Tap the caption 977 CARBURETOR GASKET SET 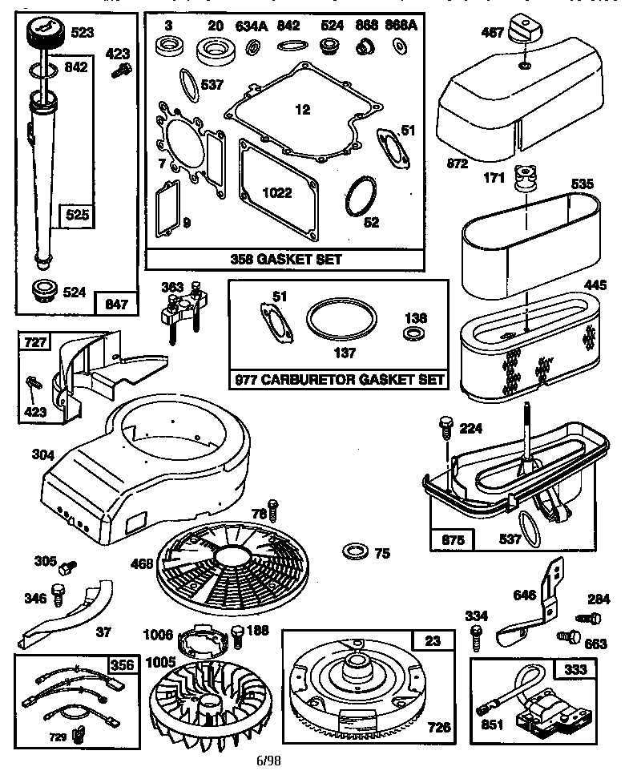tap(337, 379)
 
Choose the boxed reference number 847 tap(118, 305)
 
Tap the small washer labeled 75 tap(353, 551)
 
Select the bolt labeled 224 tap(446, 427)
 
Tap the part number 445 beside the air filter tap(594, 285)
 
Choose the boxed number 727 tap(34, 343)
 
